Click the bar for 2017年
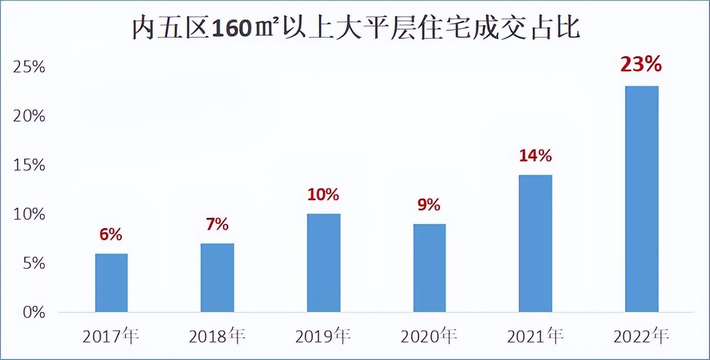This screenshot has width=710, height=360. tap(112, 283)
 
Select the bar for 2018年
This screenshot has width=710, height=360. tap(217, 278)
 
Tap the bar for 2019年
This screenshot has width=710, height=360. tap(323, 263)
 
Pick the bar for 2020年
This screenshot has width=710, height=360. tap(429, 268)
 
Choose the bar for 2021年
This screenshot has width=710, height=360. tap(535, 243)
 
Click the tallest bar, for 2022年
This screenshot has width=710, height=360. tap(641, 199)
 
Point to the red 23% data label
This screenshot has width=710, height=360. tap(641, 65)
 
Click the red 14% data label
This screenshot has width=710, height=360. tap(535, 155)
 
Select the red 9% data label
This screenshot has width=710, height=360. tap(429, 205)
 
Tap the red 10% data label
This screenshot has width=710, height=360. tap(323, 194)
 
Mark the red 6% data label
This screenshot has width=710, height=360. tap(111, 235)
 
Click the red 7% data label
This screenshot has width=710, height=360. tap(217, 224)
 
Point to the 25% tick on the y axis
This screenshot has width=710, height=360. tap(30, 67)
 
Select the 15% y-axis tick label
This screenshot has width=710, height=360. tap(30, 166)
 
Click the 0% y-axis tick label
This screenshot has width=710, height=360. tap(34, 312)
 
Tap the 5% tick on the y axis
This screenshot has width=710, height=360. tap(34, 264)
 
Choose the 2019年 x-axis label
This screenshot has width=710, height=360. tap(323, 337)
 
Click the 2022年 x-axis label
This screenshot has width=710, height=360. tap(641, 337)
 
